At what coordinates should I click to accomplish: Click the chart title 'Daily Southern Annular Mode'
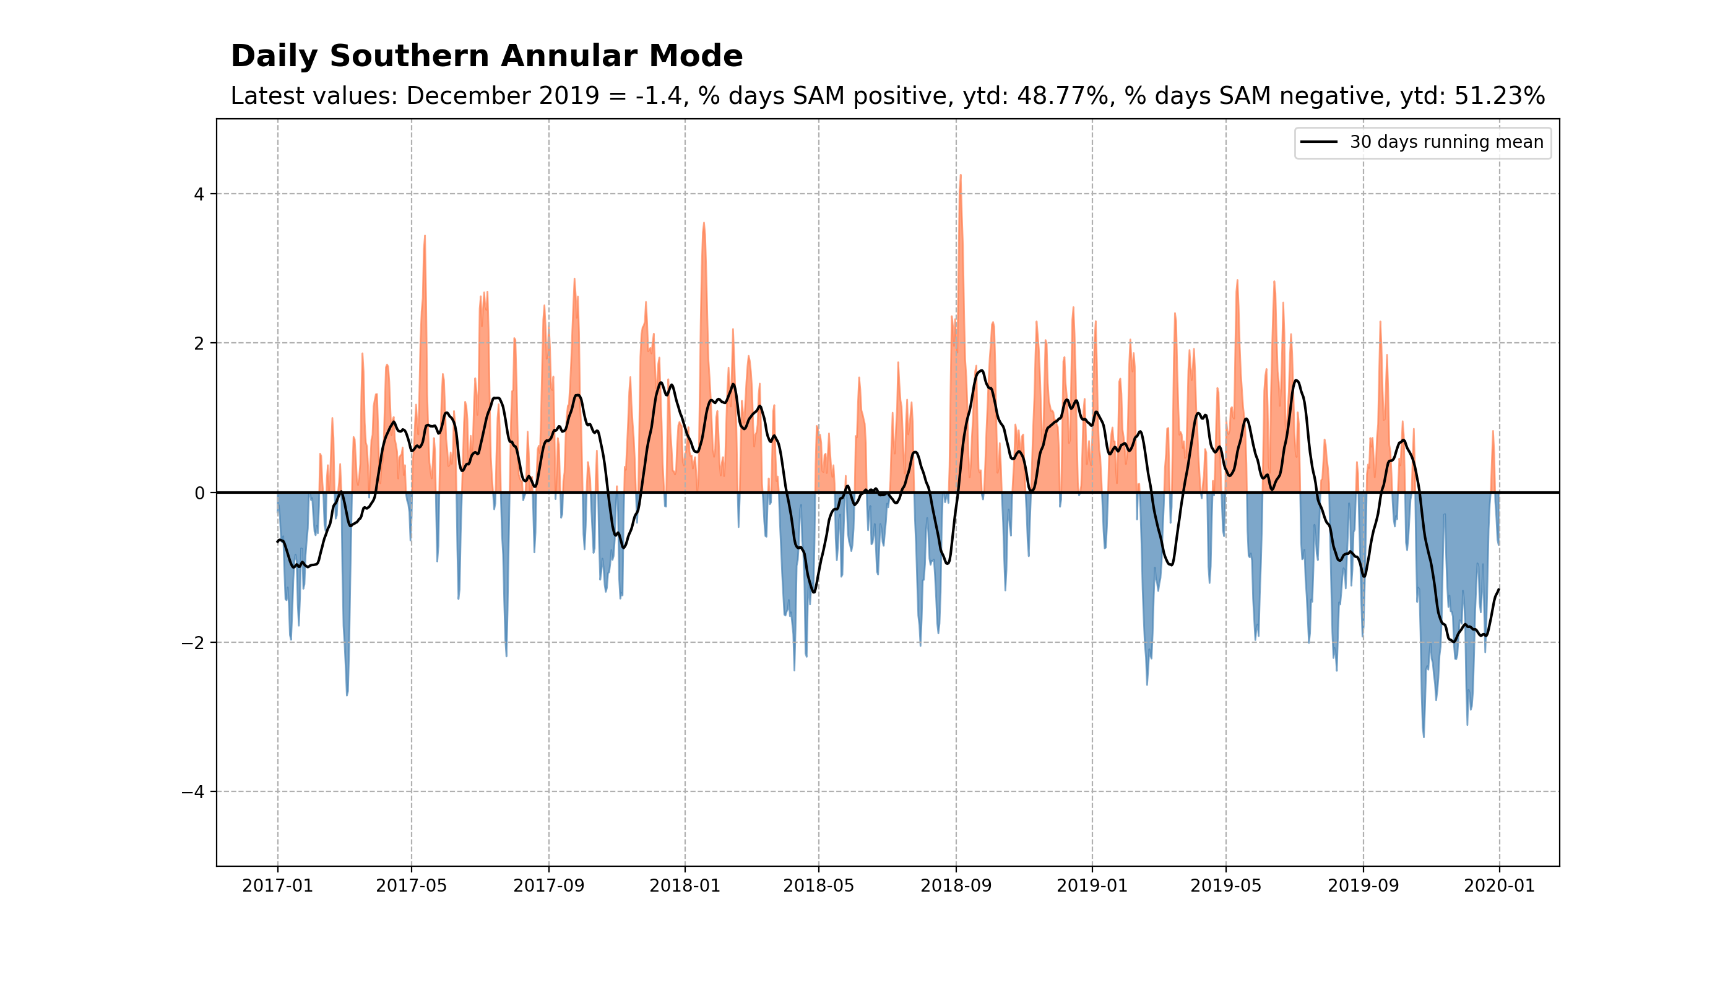(x=486, y=56)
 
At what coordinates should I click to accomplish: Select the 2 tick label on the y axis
(x=199, y=344)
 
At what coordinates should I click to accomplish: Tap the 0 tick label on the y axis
(x=199, y=494)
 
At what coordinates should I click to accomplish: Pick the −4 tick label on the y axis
(x=192, y=792)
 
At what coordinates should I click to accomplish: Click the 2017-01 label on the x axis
(x=277, y=887)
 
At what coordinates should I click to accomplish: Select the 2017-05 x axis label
(x=412, y=887)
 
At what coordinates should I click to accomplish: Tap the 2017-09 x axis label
(x=549, y=887)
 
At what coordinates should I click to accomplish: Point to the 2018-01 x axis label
(x=685, y=887)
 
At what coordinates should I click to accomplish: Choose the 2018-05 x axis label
(x=818, y=887)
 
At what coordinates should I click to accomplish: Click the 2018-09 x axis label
(x=956, y=887)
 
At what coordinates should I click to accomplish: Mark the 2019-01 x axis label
(x=1092, y=887)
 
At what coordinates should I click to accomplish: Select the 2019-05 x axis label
(x=1225, y=887)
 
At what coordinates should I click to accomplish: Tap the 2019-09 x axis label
(x=1363, y=887)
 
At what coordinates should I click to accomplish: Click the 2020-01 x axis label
(x=1499, y=887)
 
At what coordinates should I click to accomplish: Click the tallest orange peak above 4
(x=961, y=177)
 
